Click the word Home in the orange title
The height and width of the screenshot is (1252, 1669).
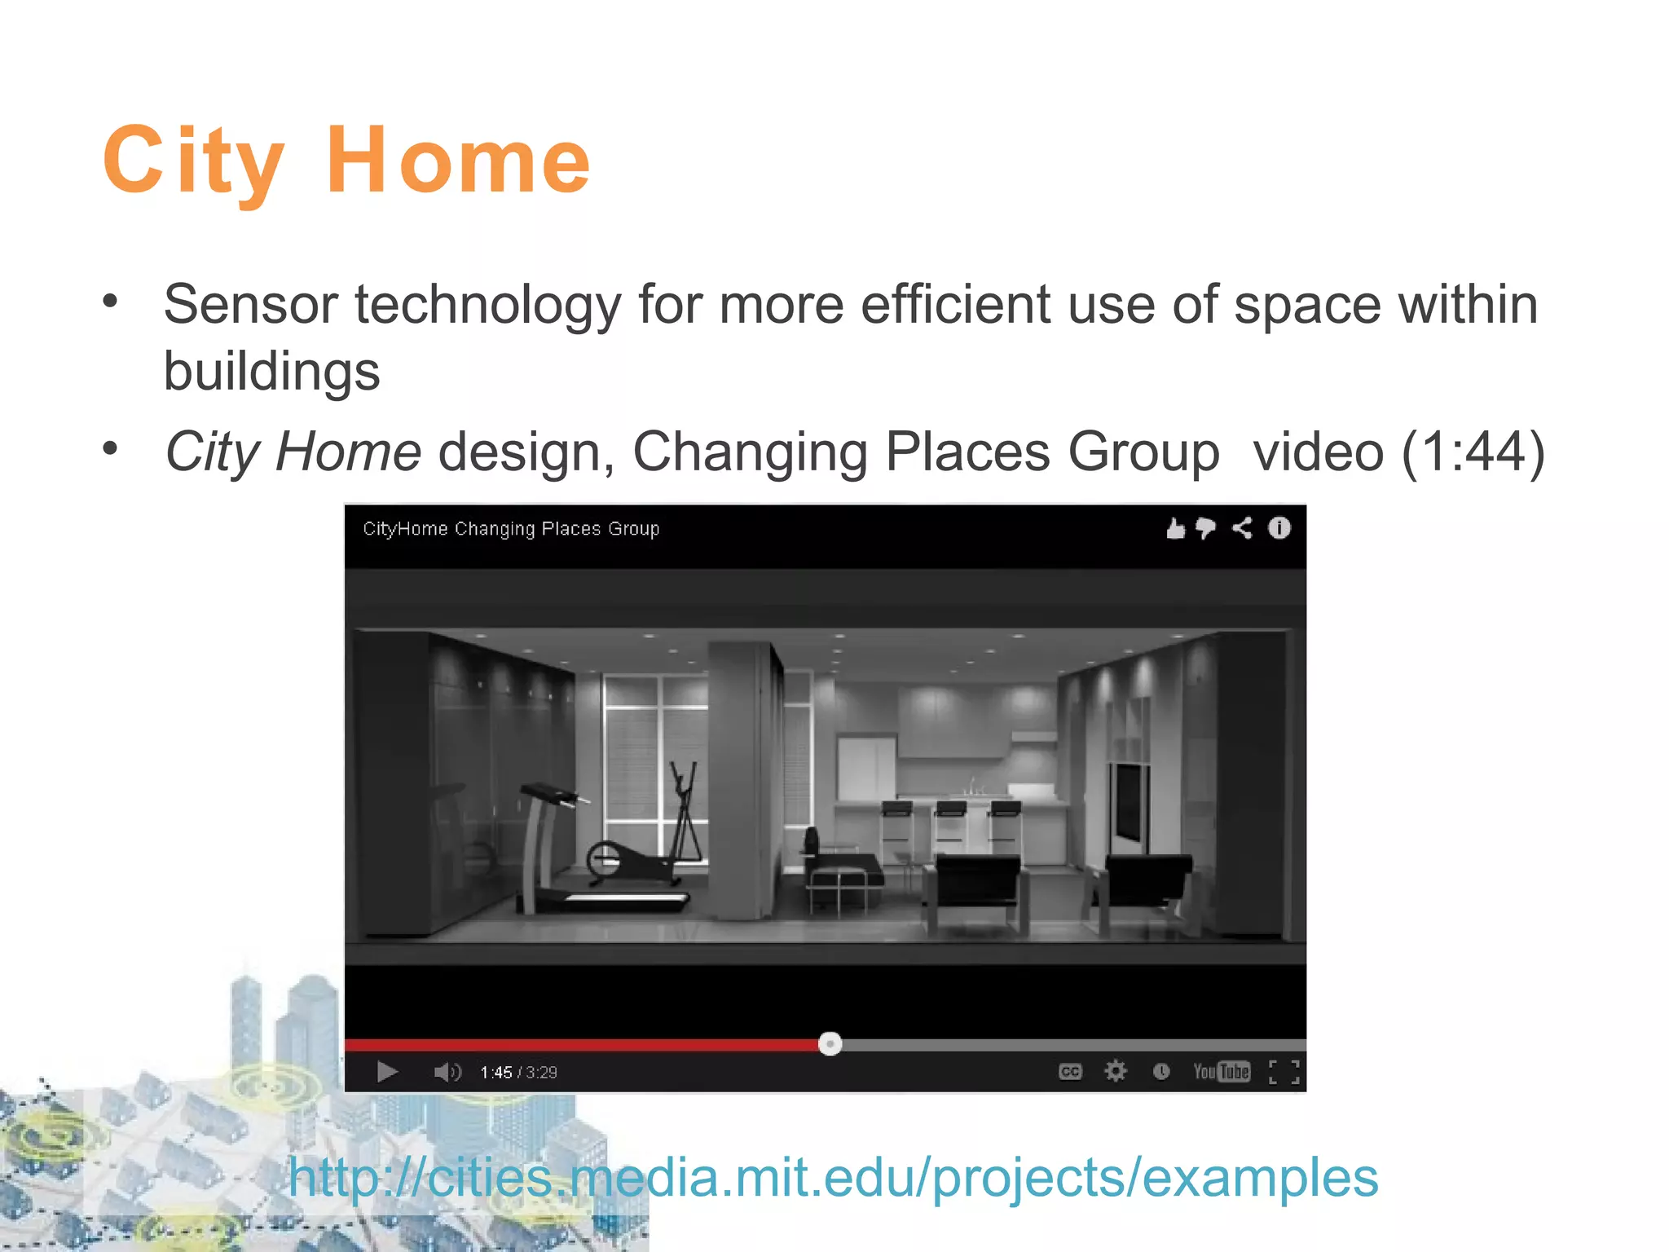coord(458,161)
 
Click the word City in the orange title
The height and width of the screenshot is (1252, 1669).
coord(194,161)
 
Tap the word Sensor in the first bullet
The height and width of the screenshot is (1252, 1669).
coord(250,305)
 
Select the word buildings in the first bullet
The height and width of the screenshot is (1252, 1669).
coord(271,372)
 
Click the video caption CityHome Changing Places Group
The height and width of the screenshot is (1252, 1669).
coord(511,529)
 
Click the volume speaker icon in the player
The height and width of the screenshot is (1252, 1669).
coord(447,1072)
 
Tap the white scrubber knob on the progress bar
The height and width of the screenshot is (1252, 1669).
coord(830,1044)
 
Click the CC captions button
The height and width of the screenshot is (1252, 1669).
coord(1070,1072)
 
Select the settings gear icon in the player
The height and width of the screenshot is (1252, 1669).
coord(1115,1071)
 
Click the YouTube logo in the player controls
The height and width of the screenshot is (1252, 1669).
coord(1221,1072)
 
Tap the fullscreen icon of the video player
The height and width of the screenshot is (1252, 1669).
coord(1284,1072)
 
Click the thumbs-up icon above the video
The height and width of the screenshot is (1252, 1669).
coord(1174,529)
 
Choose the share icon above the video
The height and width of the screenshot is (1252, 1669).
coord(1242,529)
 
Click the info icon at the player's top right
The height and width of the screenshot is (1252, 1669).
coord(1279,529)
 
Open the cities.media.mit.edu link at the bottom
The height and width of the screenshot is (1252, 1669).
coord(833,1178)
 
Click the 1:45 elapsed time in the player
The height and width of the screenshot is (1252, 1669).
coord(495,1073)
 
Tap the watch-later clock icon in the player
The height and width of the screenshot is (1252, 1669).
coord(1160,1072)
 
